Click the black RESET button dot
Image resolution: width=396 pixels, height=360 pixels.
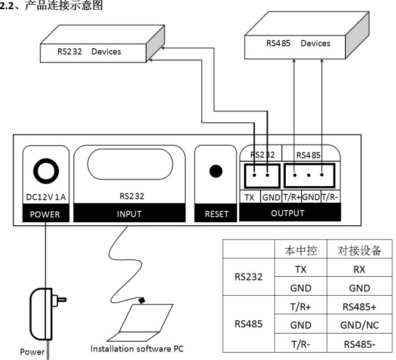coord(215,171)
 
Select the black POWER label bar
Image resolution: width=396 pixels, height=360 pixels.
coord(46,214)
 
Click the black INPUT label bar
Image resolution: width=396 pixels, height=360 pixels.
coord(129,214)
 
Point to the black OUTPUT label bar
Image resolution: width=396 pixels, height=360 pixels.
coord(290,212)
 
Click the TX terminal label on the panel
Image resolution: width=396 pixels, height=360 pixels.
coord(249,197)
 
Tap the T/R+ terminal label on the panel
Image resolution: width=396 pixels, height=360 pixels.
coord(292,197)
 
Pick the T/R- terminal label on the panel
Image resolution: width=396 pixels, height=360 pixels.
coord(329,197)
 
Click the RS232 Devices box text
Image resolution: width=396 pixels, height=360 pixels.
coord(89,51)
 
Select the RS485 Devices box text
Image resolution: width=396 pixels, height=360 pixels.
coord(298,43)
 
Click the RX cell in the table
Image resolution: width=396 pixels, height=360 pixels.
coord(359,269)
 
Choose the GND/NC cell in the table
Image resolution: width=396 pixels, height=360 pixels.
coord(360,325)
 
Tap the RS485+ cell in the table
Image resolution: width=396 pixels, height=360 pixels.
coord(359,307)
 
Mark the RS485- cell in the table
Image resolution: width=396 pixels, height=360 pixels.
coord(359,344)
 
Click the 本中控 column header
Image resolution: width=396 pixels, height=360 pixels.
coord(301,250)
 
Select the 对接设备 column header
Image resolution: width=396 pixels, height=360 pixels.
coord(359,250)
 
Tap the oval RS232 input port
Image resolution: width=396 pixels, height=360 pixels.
coord(130,164)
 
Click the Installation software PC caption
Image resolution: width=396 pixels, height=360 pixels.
coord(137,349)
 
